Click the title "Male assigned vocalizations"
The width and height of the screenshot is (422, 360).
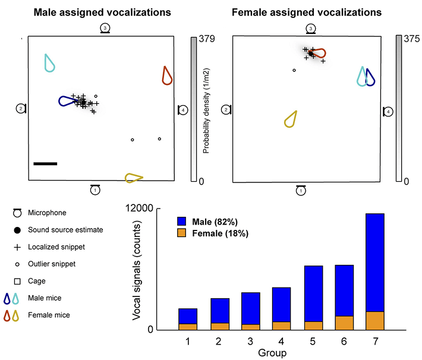(102, 12)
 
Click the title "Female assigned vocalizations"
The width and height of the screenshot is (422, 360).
(307, 12)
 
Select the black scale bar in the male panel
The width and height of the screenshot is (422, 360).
(45, 163)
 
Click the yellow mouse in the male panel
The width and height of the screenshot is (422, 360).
(134, 177)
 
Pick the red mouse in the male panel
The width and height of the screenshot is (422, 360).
(167, 75)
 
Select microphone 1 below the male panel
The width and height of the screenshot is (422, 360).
(95, 190)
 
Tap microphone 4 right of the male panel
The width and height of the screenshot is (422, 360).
(182, 109)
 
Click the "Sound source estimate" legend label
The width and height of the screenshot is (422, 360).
(65, 230)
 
